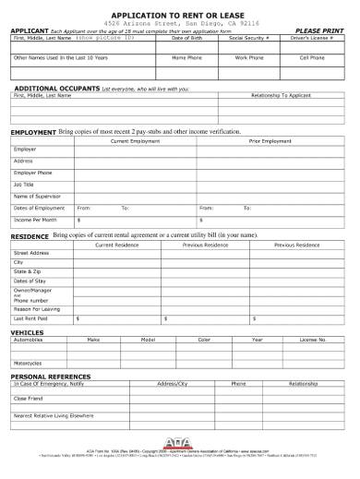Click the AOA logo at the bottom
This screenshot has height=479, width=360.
[180, 441]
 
